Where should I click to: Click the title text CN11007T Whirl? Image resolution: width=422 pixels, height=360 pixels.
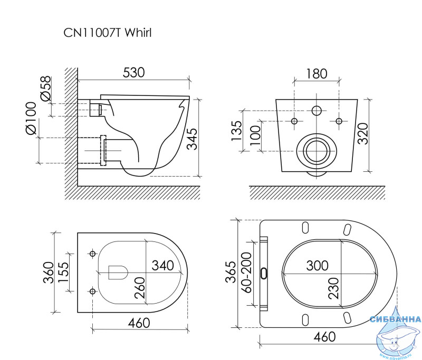tap(108, 33)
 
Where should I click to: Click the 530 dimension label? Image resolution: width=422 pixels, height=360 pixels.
tap(134, 73)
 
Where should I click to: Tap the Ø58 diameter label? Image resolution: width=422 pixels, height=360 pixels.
tap(45, 89)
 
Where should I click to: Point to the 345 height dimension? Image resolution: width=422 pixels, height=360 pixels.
tap(192, 139)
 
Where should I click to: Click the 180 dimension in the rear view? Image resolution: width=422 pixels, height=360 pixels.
tap(316, 74)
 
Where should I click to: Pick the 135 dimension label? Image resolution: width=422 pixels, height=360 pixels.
tap(237, 131)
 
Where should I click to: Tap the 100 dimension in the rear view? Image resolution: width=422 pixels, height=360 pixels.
tap(255, 135)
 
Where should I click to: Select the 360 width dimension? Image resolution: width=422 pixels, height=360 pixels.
tap(49, 273)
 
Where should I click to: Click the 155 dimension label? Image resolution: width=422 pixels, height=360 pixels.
tap(63, 272)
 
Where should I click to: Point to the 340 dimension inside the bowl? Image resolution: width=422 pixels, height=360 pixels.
tap(163, 265)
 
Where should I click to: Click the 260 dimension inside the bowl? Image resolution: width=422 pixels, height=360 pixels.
tap(140, 288)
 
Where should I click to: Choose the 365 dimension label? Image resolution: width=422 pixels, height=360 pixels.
tap(231, 272)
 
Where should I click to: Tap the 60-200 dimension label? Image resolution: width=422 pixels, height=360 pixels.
tap(246, 273)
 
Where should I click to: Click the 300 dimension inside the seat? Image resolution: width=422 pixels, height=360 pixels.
tap(318, 266)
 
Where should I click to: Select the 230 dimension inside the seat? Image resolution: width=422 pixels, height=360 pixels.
tap(333, 288)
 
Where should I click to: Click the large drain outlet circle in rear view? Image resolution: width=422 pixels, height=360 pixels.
tap(316, 151)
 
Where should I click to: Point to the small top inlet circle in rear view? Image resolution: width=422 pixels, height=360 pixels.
tap(316, 110)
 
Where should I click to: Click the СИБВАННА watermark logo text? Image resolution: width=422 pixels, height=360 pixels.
tap(395, 319)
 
